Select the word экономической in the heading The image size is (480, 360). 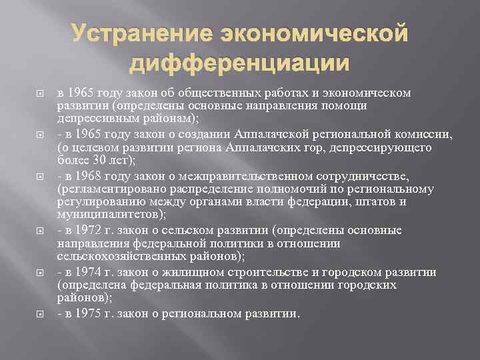coord(308,33)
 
